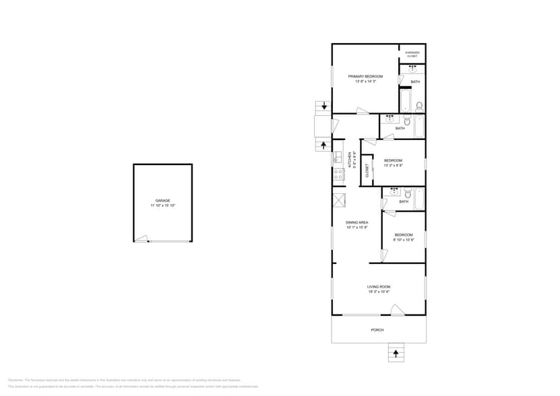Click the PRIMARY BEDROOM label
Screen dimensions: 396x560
[365, 77]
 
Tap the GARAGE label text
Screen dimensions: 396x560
[162, 200]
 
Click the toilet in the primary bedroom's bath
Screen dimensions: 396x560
[418, 106]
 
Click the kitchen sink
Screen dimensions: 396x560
[338, 158]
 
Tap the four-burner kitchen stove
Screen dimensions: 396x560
[338, 175]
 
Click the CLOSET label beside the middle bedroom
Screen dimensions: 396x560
[367, 170]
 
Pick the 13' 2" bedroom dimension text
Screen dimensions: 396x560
[393, 165]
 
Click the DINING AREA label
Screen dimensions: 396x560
[356, 222]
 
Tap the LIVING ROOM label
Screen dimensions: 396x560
[379, 286]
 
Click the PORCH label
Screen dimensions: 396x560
[377, 330]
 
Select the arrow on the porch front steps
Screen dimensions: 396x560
[396, 352]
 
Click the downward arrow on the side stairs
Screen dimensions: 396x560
[324, 106]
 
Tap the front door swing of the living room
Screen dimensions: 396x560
[398, 309]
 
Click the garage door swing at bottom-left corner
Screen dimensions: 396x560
[140, 238]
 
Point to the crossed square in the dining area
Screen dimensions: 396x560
[338, 199]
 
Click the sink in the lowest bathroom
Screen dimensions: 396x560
[394, 191]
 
